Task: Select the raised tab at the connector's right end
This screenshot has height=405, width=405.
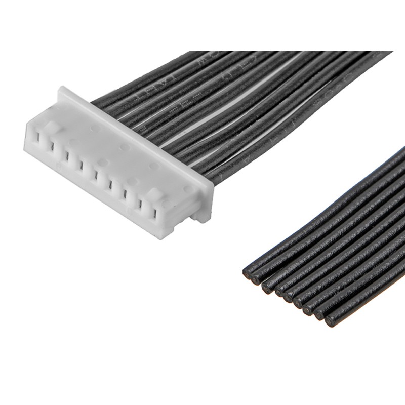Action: coord(153,194)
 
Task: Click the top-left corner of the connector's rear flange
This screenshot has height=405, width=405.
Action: coord(61,89)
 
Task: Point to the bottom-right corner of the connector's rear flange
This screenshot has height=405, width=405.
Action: coord(207,221)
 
